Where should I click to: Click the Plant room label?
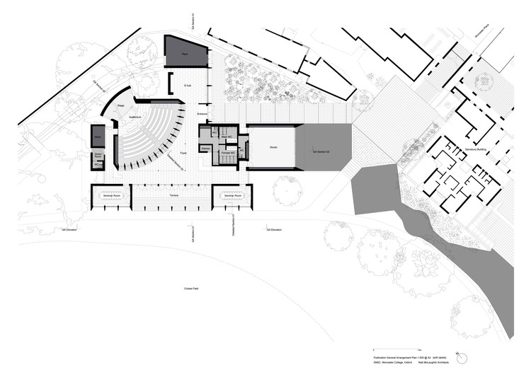[x=184, y=54]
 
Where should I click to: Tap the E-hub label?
[x=188, y=85]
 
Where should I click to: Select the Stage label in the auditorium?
[x=121, y=105]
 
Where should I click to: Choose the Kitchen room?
[x=205, y=148]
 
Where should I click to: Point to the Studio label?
[x=273, y=147]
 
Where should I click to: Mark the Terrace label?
[x=172, y=195]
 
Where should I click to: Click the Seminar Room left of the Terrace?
[x=110, y=195]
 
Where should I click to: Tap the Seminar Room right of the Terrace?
[x=233, y=195]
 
